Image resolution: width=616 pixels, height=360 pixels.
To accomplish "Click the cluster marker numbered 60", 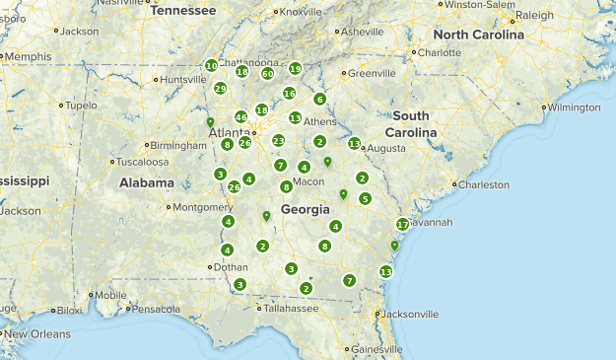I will [x=267, y=73].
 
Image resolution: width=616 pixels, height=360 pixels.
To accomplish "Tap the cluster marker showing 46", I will [x=240, y=117].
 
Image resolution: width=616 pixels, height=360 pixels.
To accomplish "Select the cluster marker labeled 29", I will [x=221, y=88].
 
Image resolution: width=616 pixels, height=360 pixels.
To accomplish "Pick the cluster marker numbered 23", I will [x=279, y=141].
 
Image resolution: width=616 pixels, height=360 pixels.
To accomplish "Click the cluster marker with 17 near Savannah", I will [x=402, y=225].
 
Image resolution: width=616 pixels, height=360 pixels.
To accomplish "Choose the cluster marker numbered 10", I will [x=212, y=66].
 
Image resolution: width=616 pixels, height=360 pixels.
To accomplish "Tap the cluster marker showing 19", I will [x=295, y=69].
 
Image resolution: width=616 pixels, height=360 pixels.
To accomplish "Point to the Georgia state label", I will [x=307, y=209].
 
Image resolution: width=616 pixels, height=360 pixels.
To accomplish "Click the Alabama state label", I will [x=147, y=182].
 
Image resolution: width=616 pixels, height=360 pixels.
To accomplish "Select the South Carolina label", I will [x=412, y=124].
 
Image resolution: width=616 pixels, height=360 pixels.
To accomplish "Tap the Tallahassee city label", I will [x=290, y=309].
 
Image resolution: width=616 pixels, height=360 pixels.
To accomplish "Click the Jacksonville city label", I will [x=409, y=315].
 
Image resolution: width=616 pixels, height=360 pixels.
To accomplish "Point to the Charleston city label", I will [x=484, y=184].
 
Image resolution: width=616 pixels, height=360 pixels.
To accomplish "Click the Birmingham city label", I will [x=178, y=145].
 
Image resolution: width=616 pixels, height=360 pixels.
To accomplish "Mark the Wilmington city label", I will [x=574, y=107].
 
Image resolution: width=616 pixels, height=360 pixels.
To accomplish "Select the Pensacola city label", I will [x=157, y=309].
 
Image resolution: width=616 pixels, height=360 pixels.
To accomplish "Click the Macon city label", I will [x=308, y=181].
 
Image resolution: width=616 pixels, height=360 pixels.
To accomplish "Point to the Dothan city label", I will [x=231, y=266].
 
